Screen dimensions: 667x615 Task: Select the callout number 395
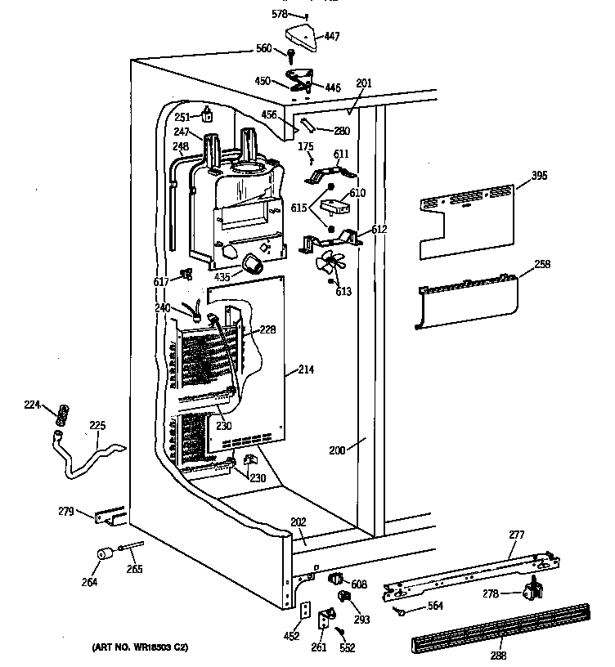pos(538,175)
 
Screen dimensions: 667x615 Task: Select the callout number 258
pos(542,263)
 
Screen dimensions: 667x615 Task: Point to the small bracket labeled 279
pos(110,517)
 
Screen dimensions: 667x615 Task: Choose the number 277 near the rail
pos(516,535)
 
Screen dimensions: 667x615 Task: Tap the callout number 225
pos(97,424)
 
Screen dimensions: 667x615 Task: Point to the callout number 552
pos(348,647)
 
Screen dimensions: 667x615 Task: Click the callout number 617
pos(160,281)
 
